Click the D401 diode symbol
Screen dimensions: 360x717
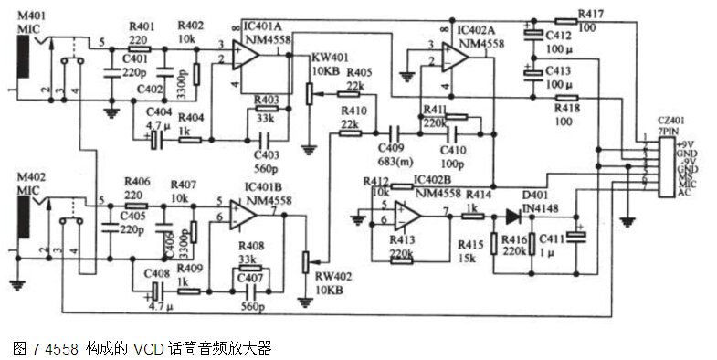(512, 217)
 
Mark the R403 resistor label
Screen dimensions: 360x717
(268, 99)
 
